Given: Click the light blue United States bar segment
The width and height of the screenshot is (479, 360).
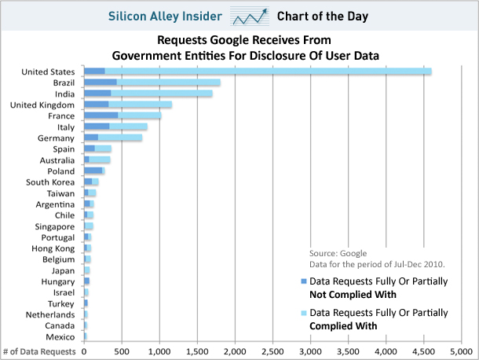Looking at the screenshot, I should click(x=267, y=72).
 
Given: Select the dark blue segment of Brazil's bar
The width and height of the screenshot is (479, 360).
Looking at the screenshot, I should click(x=100, y=83).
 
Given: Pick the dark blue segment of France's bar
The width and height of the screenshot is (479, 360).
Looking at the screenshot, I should click(x=101, y=116).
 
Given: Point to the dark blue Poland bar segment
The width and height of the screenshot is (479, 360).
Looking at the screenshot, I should click(x=93, y=171).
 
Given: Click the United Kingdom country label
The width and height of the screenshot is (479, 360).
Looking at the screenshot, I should click(x=44, y=105).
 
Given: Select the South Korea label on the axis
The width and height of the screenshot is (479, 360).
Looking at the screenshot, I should click(x=51, y=182).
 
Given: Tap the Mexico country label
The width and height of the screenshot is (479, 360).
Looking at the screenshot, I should click(x=60, y=336).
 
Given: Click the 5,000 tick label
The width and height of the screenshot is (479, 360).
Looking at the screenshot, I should click(x=461, y=351).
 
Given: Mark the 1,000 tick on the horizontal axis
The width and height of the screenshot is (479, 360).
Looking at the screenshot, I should click(x=159, y=351).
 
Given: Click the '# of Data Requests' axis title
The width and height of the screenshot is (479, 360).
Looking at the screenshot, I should click(x=39, y=351).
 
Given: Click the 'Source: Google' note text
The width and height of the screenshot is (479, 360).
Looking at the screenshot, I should click(x=337, y=252).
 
